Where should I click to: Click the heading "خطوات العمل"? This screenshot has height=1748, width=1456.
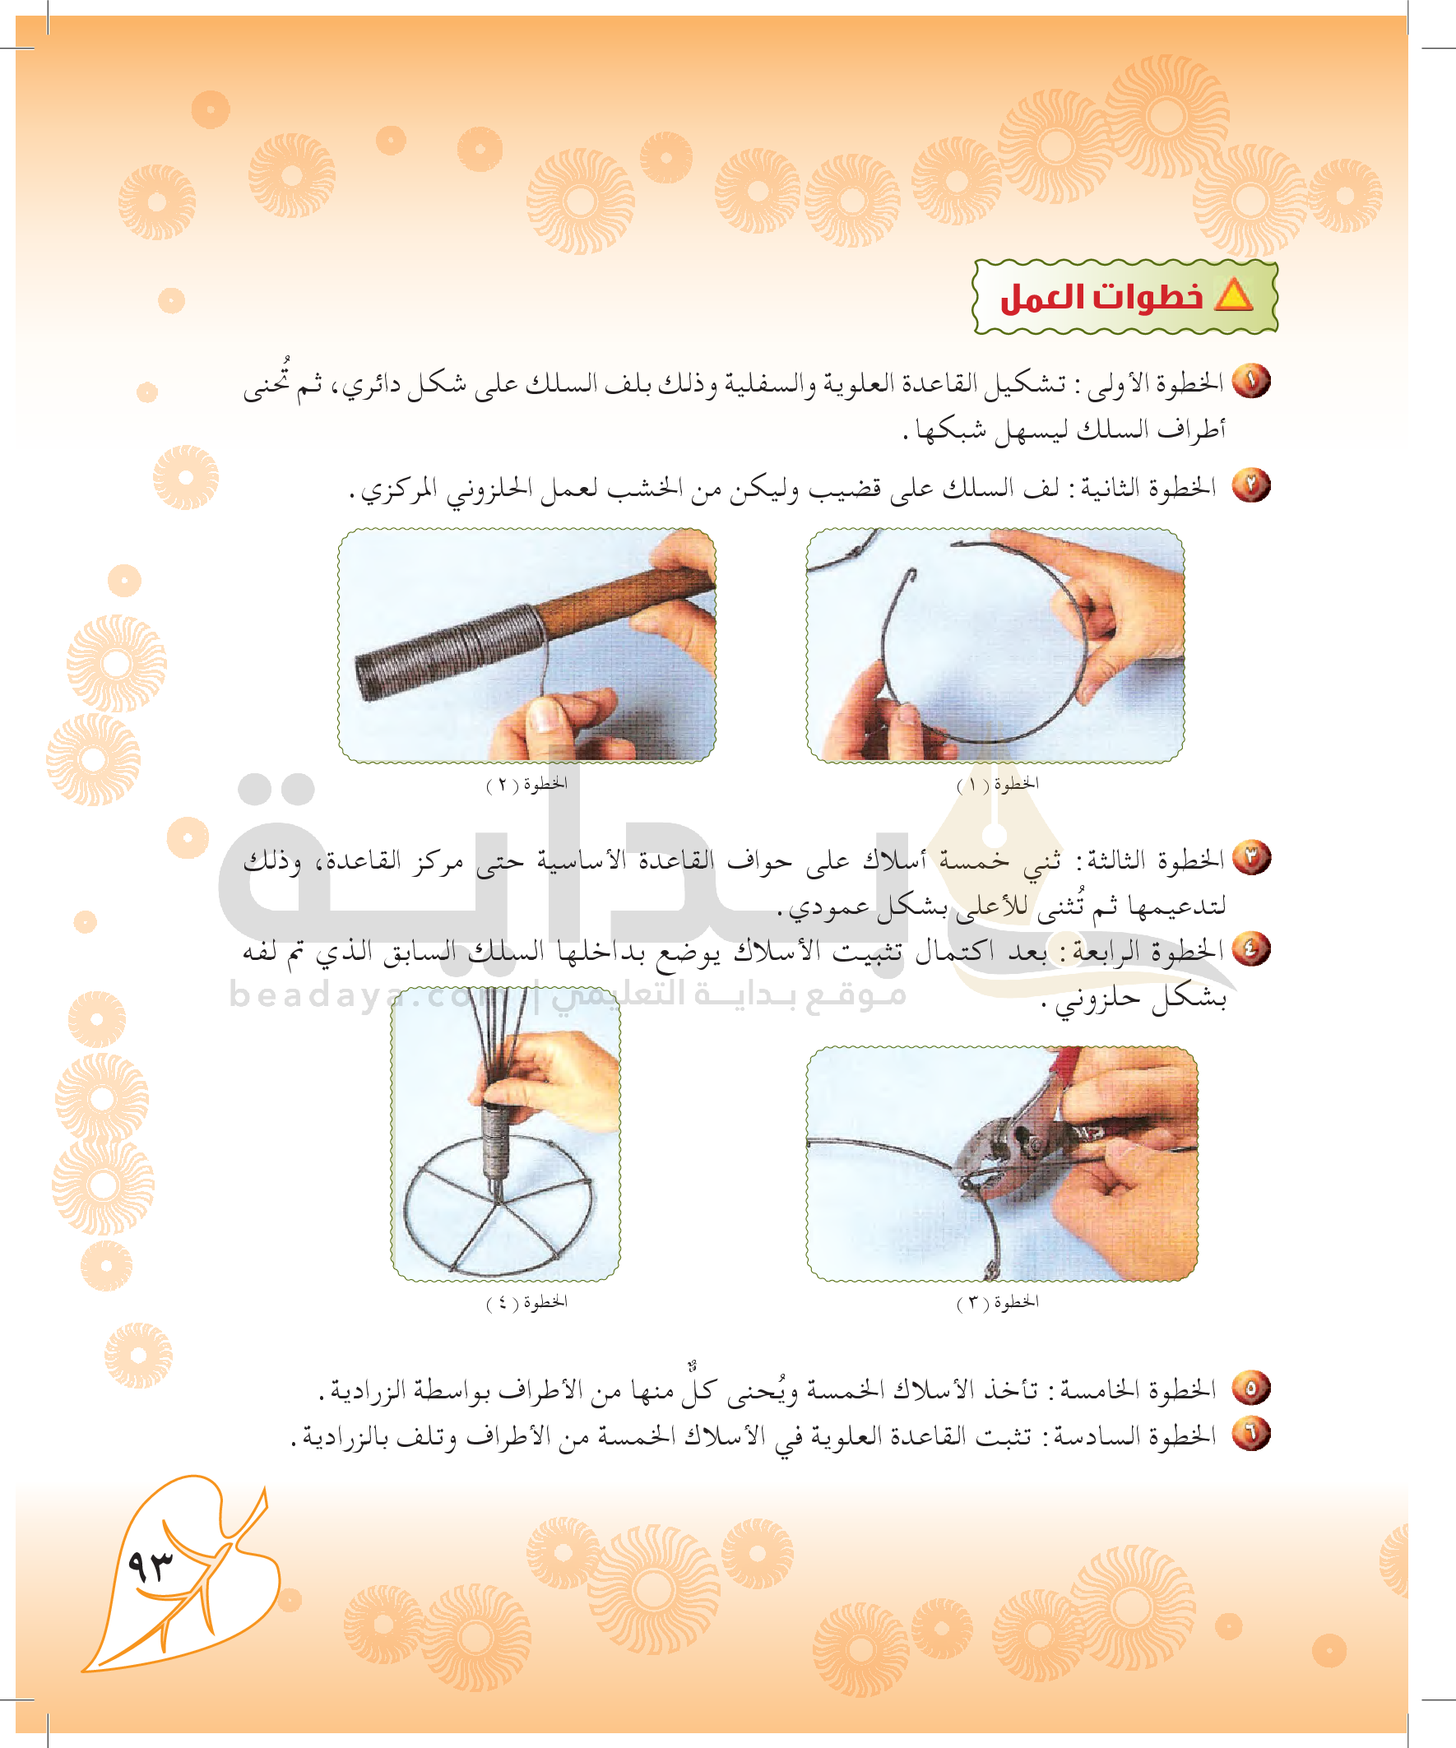pyautogui.click(x=1101, y=296)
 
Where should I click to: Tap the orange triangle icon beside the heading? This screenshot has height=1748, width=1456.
pyautogui.click(x=1234, y=295)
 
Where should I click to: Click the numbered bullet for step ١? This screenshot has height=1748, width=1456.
pyautogui.click(x=1251, y=381)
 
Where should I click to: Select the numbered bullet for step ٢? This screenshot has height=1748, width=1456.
pyautogui.click(x=1251, y=485)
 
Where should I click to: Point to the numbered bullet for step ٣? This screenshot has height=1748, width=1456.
pyautogui.click(x=1251, y=857)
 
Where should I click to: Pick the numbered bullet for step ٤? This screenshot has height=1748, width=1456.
pyautogui.click(x=1251, y=949)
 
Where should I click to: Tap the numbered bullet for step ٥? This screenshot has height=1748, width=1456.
pyautogui.click(x=1251, y=1388)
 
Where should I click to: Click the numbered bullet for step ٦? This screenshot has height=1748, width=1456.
pyautogui.click(x=1251, y=1435)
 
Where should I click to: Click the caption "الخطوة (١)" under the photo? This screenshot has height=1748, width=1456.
pyautogui.click(x=997, y=784)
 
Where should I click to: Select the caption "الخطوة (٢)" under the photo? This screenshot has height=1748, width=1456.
pyautogui.click(x=527, y=784)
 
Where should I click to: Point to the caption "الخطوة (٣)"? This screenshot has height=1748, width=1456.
pyautogui.click(x=997, y=1302)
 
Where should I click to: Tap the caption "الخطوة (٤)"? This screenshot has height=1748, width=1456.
pyautogui.click(x=527, y=1302)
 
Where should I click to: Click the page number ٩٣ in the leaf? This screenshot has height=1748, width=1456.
pyautogui.click(x=151, y=1566)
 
